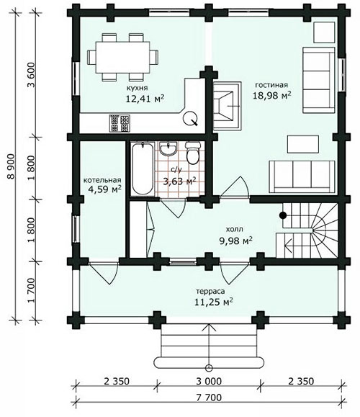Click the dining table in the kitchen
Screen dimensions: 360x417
[122, 57]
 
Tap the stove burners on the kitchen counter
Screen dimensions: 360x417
[120, 123]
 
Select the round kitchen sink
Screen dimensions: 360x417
[190, 118]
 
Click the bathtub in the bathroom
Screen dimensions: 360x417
[143, 169]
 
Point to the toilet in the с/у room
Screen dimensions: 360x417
[193, 153]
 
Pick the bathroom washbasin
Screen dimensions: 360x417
[168, 148]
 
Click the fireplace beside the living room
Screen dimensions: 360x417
[227, 106]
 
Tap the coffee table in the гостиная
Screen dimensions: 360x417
[303, 144]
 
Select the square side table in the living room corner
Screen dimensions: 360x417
[324, 32]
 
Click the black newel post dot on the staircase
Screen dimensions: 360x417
[283, 215]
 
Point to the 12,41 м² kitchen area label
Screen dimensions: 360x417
[145, 99]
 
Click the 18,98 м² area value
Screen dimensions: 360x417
[271, 95]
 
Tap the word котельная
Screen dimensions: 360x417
[102, 180]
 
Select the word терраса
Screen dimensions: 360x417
[210, 291]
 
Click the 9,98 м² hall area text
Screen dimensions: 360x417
[235, 241]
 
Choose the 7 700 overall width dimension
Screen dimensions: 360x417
[209, 398]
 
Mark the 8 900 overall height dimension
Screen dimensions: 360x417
[12, 166]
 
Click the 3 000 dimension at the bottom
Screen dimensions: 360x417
[209, 382]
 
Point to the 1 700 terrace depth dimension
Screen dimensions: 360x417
[31, 290]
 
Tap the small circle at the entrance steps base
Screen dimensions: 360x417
[209, 368]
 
